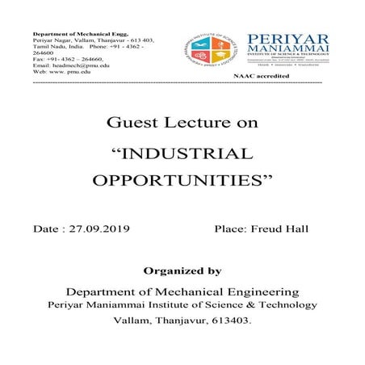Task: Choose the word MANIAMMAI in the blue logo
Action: click(282, 54)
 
